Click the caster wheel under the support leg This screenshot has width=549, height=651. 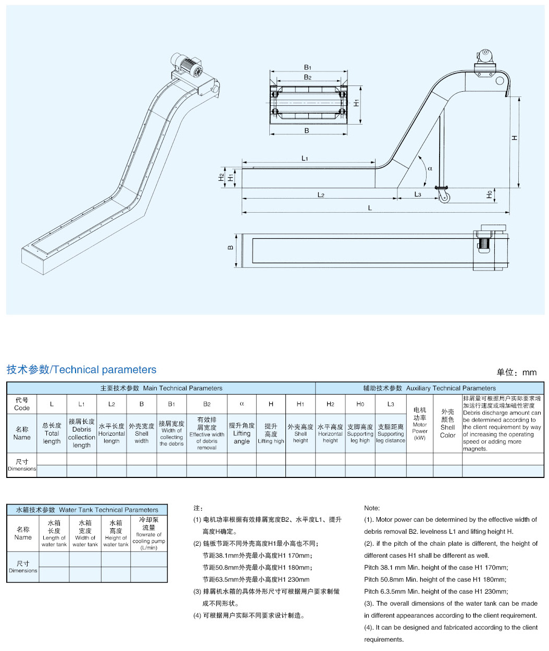coord(444,197)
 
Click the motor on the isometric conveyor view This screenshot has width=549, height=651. coord(189,66)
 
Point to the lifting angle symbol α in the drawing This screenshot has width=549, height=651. coord(430,168)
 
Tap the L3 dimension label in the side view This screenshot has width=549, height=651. coord(418,194)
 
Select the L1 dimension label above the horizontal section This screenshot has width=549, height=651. coord(305,158)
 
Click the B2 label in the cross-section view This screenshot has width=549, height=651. coord(307,77)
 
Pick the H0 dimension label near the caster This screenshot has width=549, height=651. coord(489,194)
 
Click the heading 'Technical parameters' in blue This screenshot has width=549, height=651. coord(81,370)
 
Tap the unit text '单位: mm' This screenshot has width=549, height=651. coord(516,372)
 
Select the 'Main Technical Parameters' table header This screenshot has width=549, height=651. coord(161,388)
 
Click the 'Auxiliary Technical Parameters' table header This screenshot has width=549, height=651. coord(429,388)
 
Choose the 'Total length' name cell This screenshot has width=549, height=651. coord(52,433)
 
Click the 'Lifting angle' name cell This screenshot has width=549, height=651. coord(242,433)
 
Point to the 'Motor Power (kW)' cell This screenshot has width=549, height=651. coord(420,424)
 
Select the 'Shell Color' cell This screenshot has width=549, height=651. coord(447,423)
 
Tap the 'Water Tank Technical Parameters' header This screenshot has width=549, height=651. coord(87,510)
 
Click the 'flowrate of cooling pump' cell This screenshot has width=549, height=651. coord(149,533)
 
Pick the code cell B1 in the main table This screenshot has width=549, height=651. coord(171,404)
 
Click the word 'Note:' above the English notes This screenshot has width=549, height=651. coord(372,508)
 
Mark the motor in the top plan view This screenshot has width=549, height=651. coord(483,243)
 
